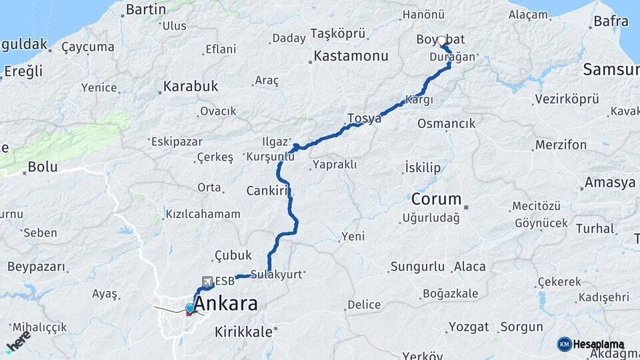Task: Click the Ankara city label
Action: (225, 304)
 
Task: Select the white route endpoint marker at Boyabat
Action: (441, 41)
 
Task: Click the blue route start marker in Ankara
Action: (190, 308)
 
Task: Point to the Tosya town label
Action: (364, 119)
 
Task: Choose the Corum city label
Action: (436, 199)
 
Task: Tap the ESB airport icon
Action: (207, 282)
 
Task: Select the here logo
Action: (19, 341)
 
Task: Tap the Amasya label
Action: (610, 183)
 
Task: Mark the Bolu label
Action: (43, 167)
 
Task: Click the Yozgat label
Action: (469, 327)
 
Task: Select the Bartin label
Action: (145, 9)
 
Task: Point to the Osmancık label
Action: (446, 123)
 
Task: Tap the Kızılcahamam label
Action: (203, 215)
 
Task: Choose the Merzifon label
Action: (561, 145)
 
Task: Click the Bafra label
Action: (611, 21)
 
